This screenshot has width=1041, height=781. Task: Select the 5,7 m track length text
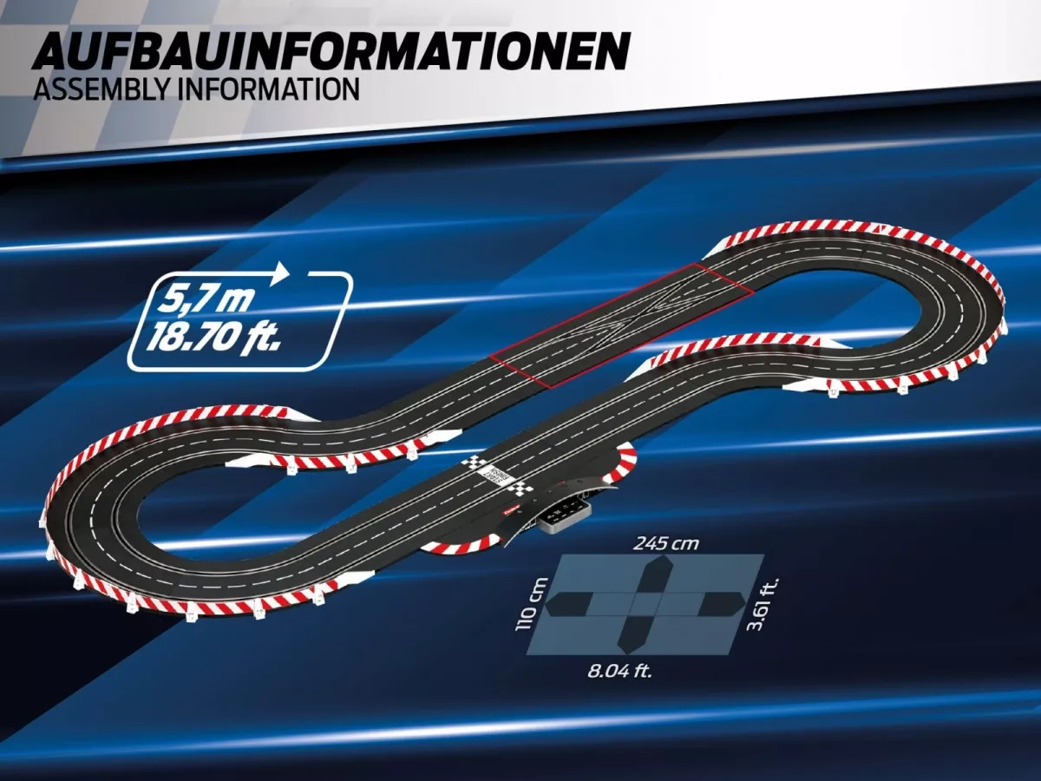point(205,300)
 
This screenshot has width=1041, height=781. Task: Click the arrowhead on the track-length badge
point(281,271)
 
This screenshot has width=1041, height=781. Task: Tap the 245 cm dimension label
point(666,543)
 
